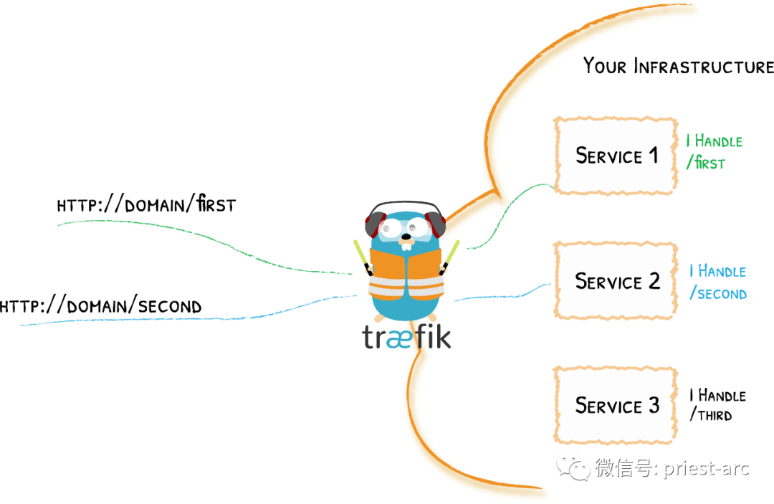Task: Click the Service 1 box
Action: pyautogui.click(x=616, y=156)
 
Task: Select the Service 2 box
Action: pyautogui.click(x=616, y=281)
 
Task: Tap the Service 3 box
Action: pyautogui.click(x=616, y=406)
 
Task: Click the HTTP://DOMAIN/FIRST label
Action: pyautogui.click(x=146, y=205)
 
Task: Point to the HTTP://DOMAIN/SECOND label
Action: pyautogui.click(x=100, y=307)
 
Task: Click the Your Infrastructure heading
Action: pyautogui.click(x=678, y=67)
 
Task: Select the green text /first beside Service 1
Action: pyautogui.click(x=706, y=163)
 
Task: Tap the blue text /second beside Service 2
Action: pyautogui.click(x=718, y=294)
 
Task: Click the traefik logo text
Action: pyautogui.click(x=406, y=336)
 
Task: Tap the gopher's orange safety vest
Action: pyautogui.click(x=406, y=276)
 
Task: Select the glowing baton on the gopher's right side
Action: pyautogui.click(x=451, y=255)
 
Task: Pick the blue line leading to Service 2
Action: pyautogui.click(x=502, y=293)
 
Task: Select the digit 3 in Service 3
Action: pyautogui.click(x=654, y=405)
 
